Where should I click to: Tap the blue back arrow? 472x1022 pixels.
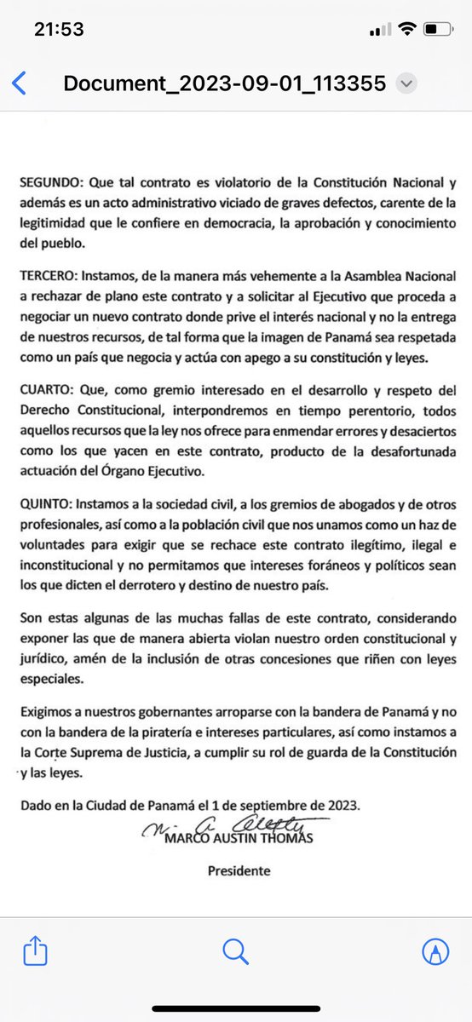pyautogui.click(x=20, y=83)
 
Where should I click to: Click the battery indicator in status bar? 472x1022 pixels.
pyautogui.click(x=440, y=30)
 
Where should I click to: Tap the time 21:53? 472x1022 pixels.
pyautogui.click(x=59, y=30)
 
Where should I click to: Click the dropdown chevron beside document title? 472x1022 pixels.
pyautogui.click(x=407, y=83)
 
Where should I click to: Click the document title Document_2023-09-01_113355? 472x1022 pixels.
pyautogui.click(x=225, y=83)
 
